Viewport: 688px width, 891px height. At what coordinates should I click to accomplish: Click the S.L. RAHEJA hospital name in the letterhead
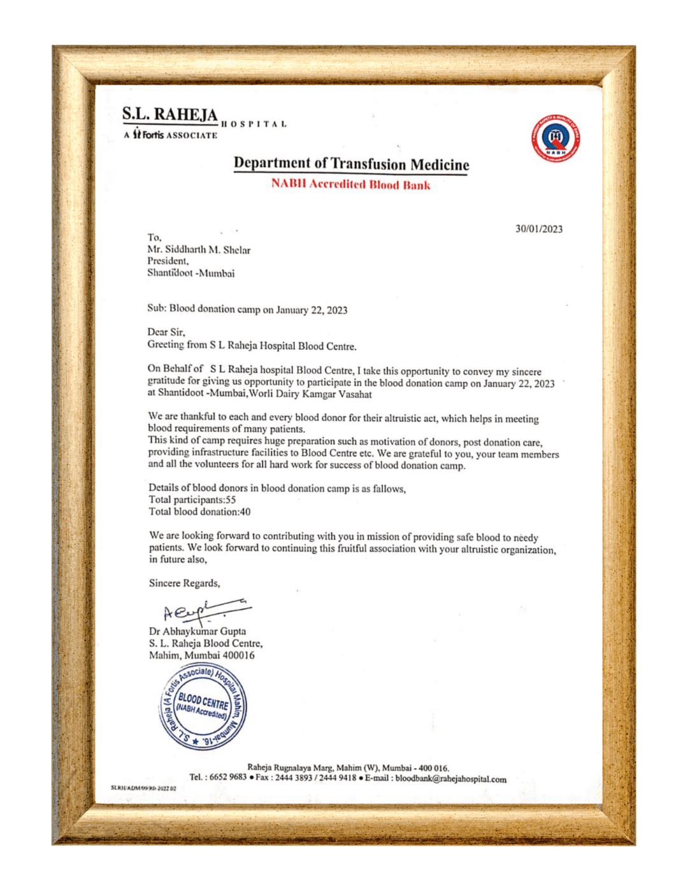(170, 115)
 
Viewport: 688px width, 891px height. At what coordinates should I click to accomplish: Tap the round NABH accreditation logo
(555, 138)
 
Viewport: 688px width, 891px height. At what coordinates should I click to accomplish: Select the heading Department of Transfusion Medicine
(351, 164)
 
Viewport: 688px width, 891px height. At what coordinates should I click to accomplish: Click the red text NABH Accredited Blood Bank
(350, 185)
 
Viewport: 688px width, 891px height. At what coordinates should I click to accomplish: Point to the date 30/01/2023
(539, 229)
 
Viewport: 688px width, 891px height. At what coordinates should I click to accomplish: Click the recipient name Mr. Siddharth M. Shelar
(199, 250)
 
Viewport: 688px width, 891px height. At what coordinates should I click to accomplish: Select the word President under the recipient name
(168, 261)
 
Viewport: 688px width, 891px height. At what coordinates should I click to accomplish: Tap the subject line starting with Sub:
(247, 310)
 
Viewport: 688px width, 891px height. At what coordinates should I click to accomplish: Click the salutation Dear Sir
(166, 332)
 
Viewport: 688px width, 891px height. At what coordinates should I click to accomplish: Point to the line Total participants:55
(192, 500)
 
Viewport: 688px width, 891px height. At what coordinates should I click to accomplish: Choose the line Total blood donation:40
(199, 512)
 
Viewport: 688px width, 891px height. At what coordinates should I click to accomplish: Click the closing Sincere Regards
(184, 583)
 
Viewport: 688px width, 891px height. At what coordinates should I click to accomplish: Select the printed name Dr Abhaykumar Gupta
(197, 632)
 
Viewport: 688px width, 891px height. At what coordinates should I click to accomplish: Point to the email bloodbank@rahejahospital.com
(450, 779)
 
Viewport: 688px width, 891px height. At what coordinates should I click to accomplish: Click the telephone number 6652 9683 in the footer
(228, 777)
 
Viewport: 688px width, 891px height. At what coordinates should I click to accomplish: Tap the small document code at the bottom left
(143, 788)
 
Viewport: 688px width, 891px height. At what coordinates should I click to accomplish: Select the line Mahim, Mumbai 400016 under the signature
(201, 655)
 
